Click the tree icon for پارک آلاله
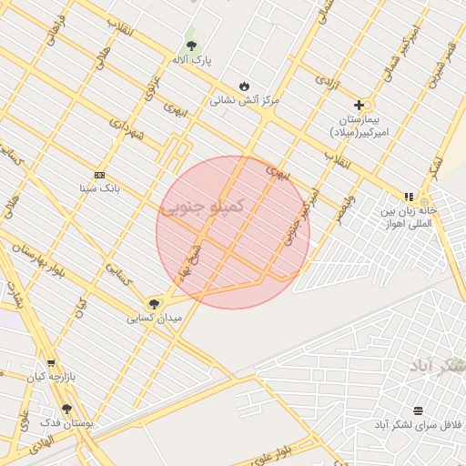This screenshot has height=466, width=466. coord(191,46)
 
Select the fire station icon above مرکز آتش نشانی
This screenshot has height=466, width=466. coord(244,86)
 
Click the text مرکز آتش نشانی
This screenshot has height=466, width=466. coord(244,100)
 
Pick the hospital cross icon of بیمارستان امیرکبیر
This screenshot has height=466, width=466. coord(359,105)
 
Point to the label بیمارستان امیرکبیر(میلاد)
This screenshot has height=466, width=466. coord(359,126)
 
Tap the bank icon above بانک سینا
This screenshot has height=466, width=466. coord(99,175)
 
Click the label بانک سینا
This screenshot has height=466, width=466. coord(99,189)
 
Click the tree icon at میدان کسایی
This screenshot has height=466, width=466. coord(154,304)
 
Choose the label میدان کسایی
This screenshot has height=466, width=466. coord(154,319)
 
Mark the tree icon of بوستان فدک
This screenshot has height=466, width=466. coord(66,410)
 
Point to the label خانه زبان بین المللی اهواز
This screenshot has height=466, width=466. coord(409,217)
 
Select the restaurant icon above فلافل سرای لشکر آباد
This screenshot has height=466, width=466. coord(417,410)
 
